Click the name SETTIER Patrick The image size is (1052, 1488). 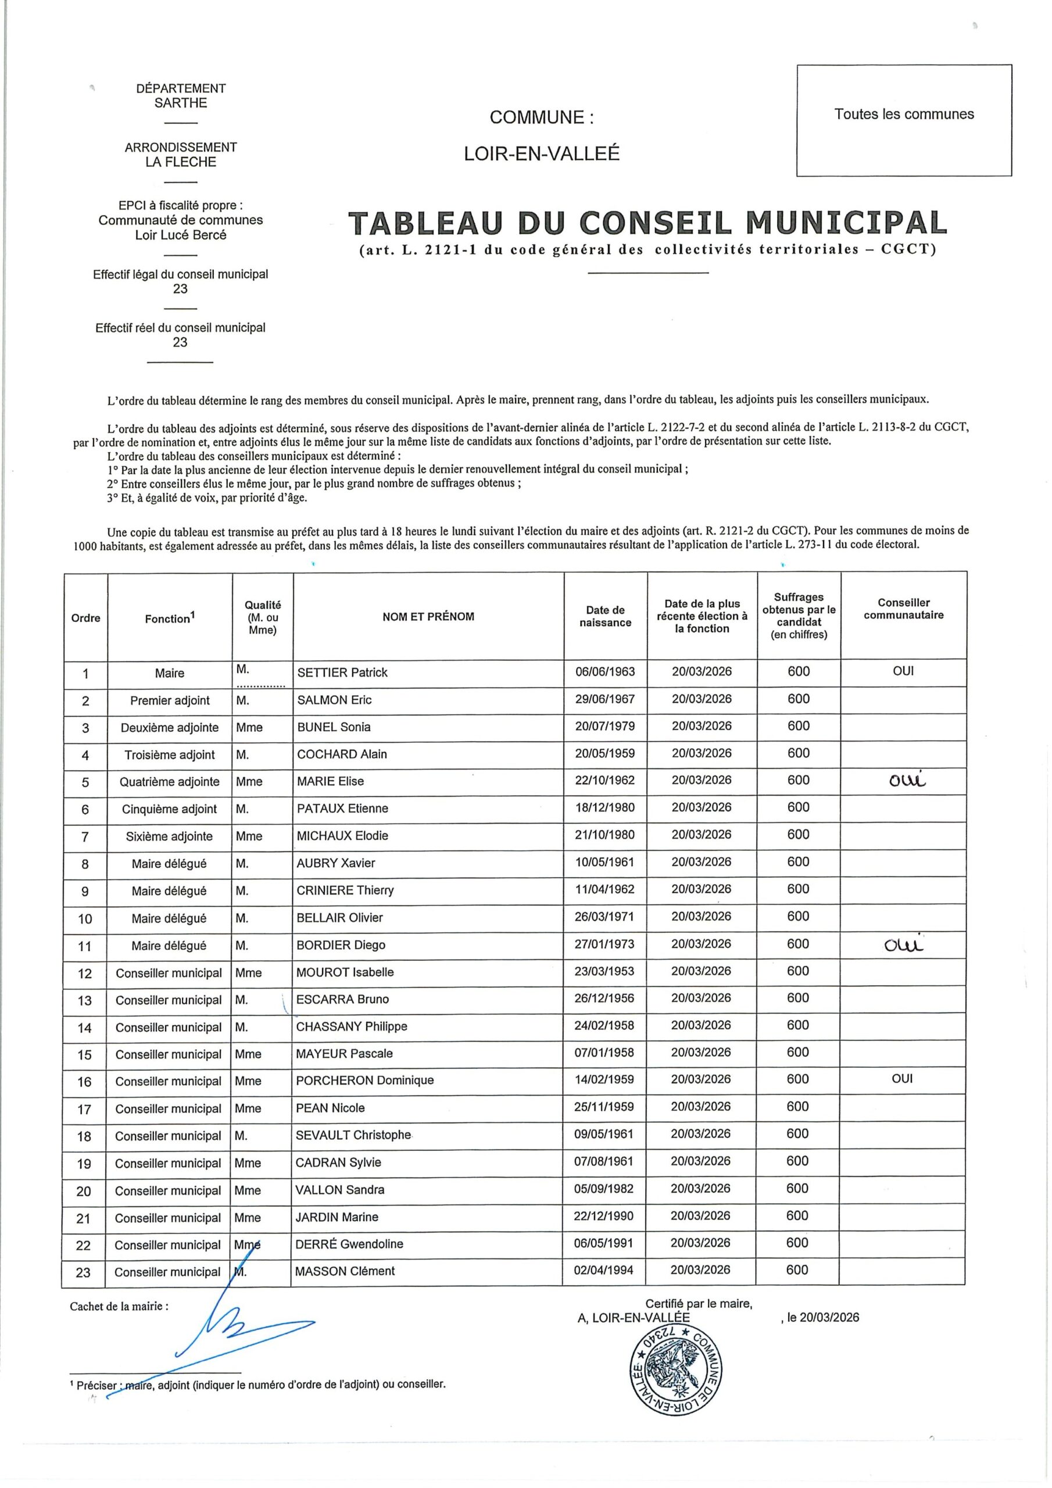tap(342, 673)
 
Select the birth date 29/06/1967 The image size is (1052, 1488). tap(604, 699)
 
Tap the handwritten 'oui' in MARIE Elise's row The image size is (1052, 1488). tap(907, 781)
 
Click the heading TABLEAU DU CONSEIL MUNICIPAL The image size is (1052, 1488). tap(647, 223)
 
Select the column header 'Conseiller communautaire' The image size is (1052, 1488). tap(904, 609)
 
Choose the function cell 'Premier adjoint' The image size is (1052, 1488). tap(170, 700)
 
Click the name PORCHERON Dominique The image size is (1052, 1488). tap(364, 1081)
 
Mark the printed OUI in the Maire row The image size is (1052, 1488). tap(903, 671)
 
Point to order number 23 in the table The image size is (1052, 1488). tap(84, 1272)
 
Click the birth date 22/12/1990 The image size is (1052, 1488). tap(603, 1217)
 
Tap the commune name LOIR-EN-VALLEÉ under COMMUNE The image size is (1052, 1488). tap(542, 153)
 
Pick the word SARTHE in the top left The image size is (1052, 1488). tap(181, 103)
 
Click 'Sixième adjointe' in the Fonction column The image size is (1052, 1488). tap(169, 836)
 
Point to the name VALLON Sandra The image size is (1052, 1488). tap(339, 1190)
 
